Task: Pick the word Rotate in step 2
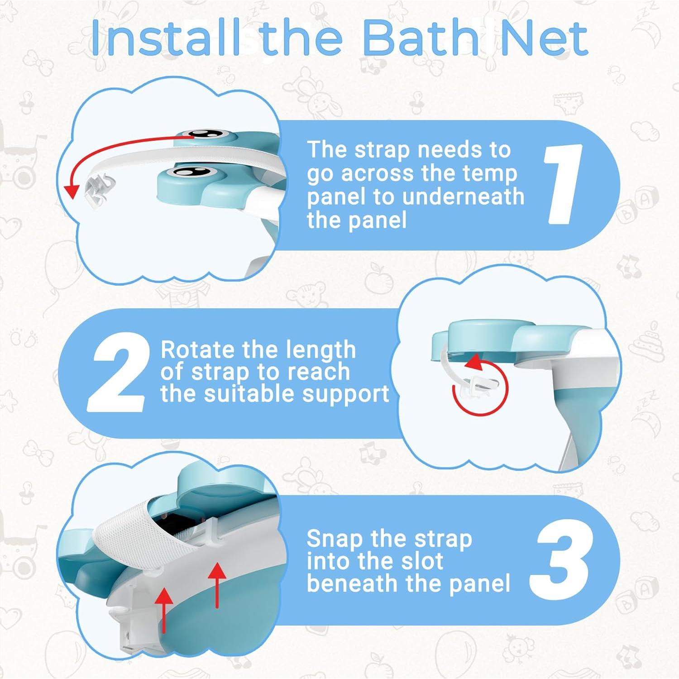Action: point(198,350)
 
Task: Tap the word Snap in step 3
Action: point(335,539)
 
